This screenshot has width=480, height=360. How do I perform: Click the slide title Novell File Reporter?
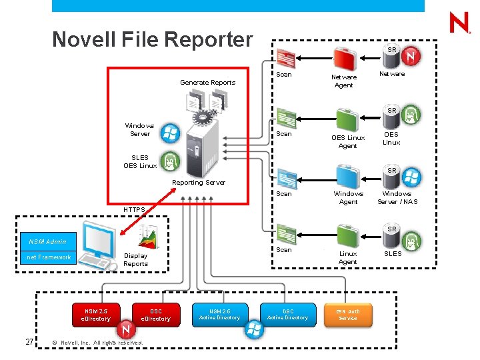click(153, 39)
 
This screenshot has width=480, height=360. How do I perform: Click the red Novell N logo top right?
click(459, 24)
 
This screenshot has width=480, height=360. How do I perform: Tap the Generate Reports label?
click(207, 83)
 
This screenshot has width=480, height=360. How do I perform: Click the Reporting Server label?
click(199, 183)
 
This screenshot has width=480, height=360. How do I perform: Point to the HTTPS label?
click(133, 209)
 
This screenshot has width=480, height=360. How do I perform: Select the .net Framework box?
click(48, 257)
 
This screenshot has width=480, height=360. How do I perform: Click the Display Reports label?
click(136, 259)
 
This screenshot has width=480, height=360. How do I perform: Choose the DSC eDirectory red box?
click(155, 315)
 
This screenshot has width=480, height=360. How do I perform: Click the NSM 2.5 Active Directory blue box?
click(219, 314)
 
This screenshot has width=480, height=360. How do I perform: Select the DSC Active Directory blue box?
click(287, 314)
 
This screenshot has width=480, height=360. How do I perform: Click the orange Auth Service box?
click(347, 314)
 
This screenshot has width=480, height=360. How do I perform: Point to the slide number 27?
click(29, 342)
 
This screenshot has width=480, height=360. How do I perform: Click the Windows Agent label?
click(349, 197)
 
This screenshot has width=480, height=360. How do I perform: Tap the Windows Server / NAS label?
click(397, 197)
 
